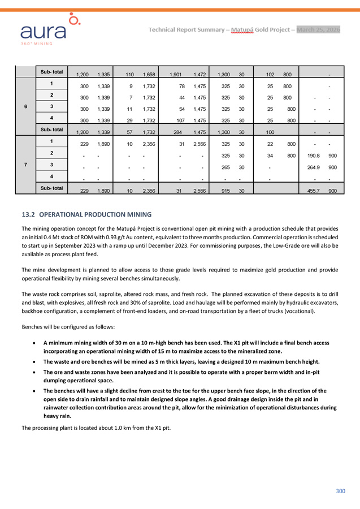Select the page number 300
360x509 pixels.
click(x=340, y=491)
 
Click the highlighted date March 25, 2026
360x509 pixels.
click(x=318, y=29)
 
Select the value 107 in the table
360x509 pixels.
click(x=180, y=120)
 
